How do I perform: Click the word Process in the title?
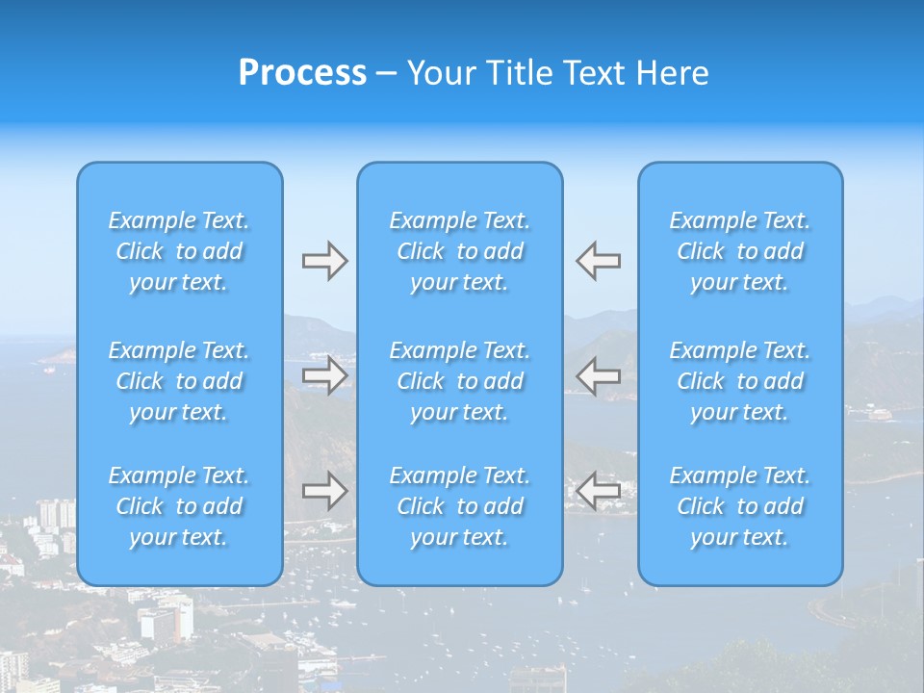tap(302, 73)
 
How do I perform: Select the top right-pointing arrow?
tap(325, 261)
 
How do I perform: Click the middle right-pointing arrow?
tap(325, 375)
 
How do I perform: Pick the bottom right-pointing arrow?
tap(325, 491)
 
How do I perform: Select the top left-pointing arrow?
tap(598, 261)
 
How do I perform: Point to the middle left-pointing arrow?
tap(598, 375)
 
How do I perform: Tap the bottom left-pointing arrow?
tap(598, 491)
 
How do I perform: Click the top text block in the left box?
tap(179, 251)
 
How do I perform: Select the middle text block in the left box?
tap(179, 381)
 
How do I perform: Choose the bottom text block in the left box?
tap(179, 506)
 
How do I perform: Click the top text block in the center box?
tap(460, 251)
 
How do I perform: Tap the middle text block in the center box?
tap(460, 381)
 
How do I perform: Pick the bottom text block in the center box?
tap(460, 506)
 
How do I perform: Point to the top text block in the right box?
tap(740, 251)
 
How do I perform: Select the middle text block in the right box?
tap(740, 381)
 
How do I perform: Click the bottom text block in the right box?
tap(740, 506)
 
